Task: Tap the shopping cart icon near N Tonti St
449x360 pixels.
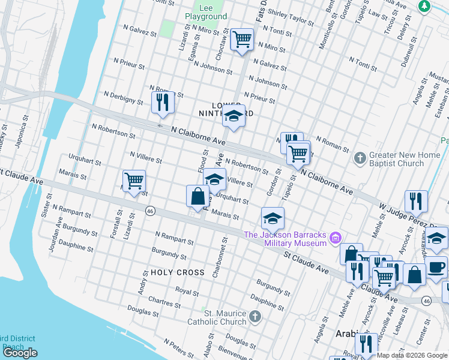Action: pos(242,40)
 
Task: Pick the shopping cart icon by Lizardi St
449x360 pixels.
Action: pos(134,181)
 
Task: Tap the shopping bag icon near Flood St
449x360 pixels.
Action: pos(197,196)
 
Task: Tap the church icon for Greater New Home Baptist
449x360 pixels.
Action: pos(360,158)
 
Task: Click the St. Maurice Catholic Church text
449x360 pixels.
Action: pos(225,317)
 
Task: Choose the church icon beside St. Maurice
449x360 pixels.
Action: pos(255,316)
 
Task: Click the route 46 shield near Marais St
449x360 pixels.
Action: pos(150,211)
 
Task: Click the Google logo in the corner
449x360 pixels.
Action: pos(20,353)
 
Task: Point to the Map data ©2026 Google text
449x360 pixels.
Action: pos(412,355)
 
